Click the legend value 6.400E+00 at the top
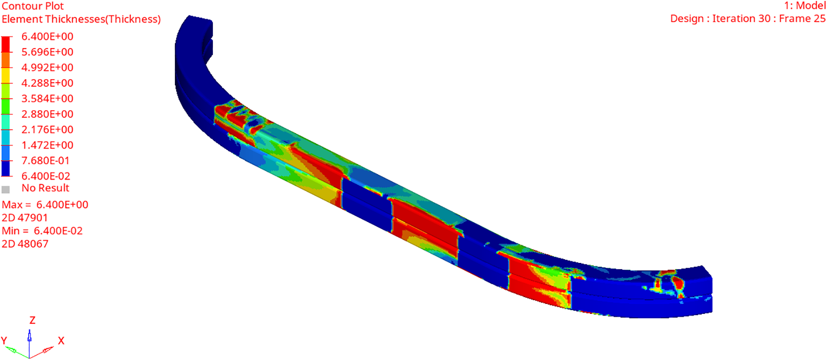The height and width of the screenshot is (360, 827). [47, 36]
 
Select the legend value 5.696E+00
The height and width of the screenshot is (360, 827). [47, 52]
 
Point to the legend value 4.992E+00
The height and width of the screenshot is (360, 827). [47, 67]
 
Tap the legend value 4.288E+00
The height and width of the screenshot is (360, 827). [47, 83]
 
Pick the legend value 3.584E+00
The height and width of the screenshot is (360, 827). [47, 98]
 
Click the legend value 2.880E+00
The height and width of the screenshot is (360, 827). [47, 114]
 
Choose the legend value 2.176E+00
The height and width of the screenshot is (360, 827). [47, 130]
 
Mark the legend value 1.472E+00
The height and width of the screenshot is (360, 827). [47, 145]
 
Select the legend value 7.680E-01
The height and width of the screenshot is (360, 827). [46, 161]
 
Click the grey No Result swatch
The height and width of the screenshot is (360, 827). [6, 189]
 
